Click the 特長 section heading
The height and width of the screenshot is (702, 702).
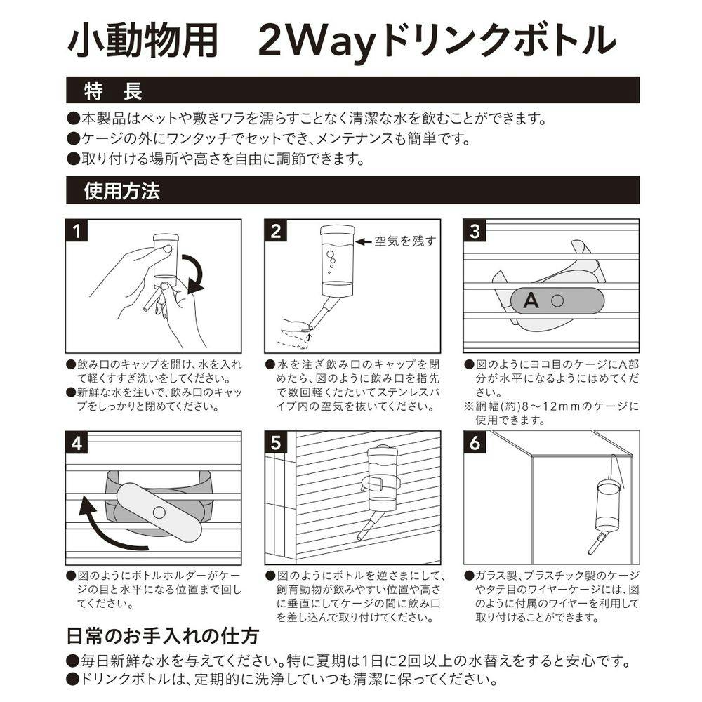[x=113, y=91]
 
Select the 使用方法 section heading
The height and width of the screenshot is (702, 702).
[x=121, y=191]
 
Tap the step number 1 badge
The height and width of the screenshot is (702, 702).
[x=77, y=231]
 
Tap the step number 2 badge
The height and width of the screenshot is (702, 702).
[x=276, y=231]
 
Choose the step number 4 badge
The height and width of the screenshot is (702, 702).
[x=77, y=443]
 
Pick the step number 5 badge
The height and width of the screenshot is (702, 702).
[x=276, y=443]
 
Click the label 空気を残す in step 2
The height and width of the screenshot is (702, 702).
[x=406, y=241]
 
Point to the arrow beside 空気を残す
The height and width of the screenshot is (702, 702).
[x=363, y=241]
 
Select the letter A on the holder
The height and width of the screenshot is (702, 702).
[x=531, y=300]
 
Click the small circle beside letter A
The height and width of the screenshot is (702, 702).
[x=557, y=300]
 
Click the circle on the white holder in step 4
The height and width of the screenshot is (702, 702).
[x=159, y=512]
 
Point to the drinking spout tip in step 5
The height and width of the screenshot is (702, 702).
[x=359, y=537]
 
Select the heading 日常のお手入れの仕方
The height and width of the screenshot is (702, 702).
[x=163, y=636]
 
